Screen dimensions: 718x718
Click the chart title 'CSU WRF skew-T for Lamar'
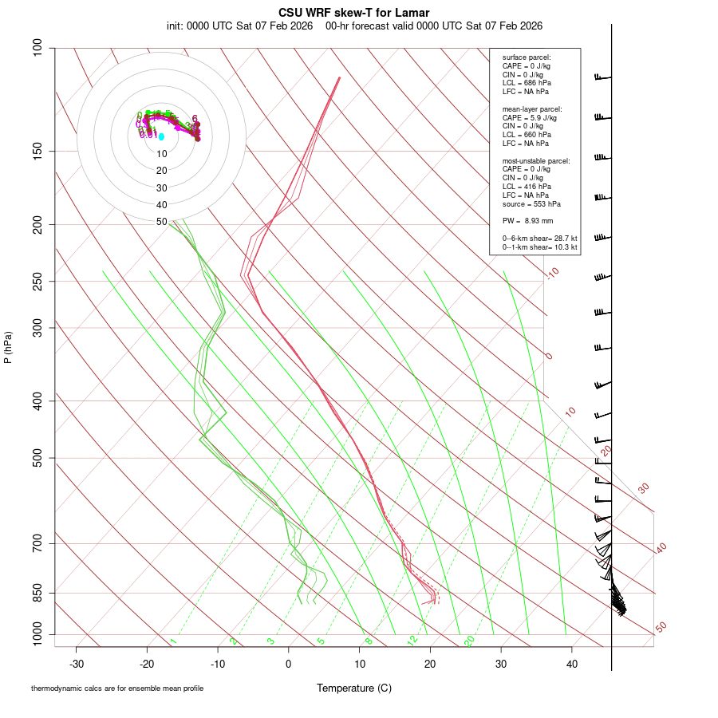point(354,13)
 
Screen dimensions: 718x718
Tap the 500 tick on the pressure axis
point(38,458)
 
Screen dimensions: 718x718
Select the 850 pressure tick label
point(38,593)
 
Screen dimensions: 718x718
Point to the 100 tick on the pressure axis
point(38,48)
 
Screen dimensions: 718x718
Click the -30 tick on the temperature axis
point(77,664)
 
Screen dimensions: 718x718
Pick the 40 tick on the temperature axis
point(571,664)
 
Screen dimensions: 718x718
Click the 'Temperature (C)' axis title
point(353,688)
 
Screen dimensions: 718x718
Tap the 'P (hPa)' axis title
point(8,347)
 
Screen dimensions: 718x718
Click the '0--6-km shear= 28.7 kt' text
point(540,239)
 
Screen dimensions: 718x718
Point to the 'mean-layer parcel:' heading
point(532,108)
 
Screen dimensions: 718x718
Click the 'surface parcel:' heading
point(527,57)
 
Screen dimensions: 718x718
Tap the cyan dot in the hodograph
point(161,137)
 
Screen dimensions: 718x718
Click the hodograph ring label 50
point(162,222)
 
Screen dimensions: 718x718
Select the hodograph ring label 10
point(162,154)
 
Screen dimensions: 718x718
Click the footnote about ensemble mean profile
point(117,688)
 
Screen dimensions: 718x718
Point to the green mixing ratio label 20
point(470,641)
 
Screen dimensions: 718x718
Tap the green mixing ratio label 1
point(173,641)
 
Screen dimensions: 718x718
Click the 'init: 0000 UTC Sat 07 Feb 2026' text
point(239,26)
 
